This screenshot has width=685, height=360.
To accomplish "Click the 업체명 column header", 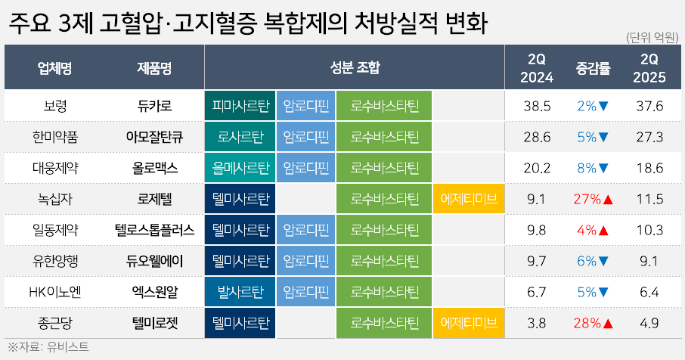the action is click(x=54, y=68).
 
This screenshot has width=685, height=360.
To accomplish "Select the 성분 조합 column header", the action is click(x=355, y=67).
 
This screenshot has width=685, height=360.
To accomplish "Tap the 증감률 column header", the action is click(x=593, y=68).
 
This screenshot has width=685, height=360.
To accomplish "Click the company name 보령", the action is click(x=55, y=106).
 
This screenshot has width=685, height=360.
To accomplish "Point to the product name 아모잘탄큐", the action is click(x=155, y=137).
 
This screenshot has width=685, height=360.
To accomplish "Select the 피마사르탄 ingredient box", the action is click(x=240, y=106).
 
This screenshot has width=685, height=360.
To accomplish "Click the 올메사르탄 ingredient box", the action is click(x=240, y=168).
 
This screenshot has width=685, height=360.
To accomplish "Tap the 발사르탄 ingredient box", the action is click(x=240, y=292).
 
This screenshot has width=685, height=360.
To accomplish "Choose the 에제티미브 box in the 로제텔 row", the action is click(x=468, y=199).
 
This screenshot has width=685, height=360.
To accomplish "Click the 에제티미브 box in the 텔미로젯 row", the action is click(x=468, y=323).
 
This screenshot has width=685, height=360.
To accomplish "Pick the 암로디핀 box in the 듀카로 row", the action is click(x=305, y=106).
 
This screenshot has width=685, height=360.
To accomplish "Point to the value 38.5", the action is click(x=537, y=106).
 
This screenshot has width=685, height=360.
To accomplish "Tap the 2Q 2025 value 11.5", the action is click(x=649, y=199).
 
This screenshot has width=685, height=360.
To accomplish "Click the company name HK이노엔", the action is click(x=55, y=292).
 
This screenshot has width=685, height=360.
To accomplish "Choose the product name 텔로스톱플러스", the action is click(x=155, y=230).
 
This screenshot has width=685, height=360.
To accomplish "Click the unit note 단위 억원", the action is click(x=652, y=38).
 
